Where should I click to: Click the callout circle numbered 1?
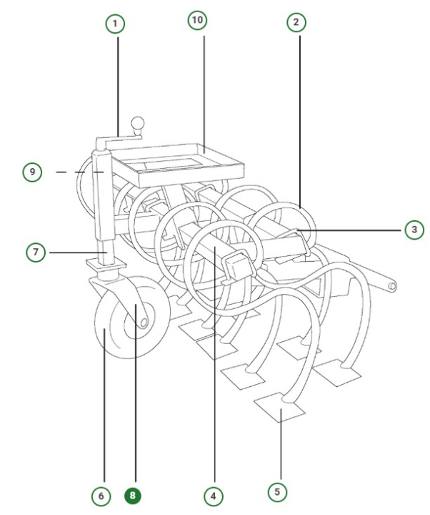tap(115, 24)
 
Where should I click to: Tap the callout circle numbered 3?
tap(412, 230)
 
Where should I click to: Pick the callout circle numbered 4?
tap(211, 494)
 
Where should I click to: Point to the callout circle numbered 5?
tap(278, 491)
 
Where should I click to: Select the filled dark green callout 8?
tap(133, 494)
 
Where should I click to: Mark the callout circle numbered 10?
tap(198, 21)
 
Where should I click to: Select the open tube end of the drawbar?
tap(392, 285)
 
